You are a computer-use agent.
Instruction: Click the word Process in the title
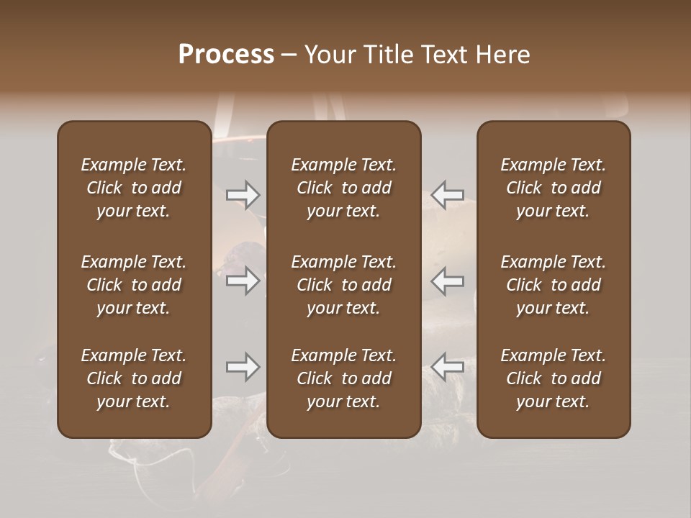(226, 55)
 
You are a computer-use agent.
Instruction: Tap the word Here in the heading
(502, 55)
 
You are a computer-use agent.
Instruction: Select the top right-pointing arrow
(243, 195)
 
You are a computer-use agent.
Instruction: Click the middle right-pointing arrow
(243, 281)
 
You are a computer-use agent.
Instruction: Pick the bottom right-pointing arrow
(243, 367)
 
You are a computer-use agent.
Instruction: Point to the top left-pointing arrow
(448, 195)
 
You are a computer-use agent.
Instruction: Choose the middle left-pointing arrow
(448, 281)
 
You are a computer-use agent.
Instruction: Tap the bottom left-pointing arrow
(448, 367)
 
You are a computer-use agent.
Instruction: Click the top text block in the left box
(134, 188)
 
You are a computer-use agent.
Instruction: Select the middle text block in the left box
(134, 285)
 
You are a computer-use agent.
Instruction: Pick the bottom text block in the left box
(134, 378)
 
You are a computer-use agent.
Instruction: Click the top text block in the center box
(344, 188)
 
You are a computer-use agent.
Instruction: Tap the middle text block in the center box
(344, 285)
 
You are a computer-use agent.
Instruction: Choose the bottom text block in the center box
(344, 378)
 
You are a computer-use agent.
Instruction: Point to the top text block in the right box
(554, 188)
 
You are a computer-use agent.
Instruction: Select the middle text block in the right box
(554, 285)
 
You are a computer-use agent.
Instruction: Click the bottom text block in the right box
(554, 378)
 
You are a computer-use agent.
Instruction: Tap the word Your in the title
(329, 55)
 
